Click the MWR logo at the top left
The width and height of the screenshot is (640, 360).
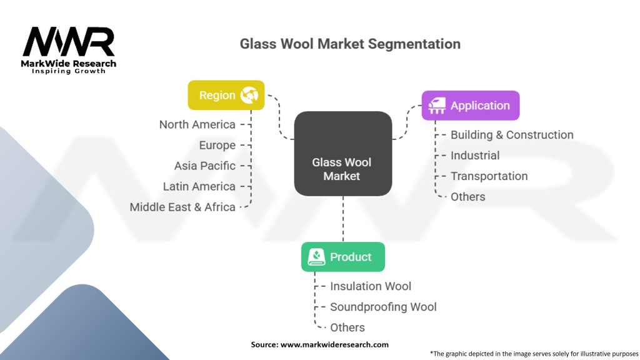click(x=69, y=50)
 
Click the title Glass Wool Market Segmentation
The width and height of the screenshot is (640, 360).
click(x=350, y=44)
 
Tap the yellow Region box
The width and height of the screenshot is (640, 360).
click(x=226, y=95)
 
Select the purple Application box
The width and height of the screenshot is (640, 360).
click(x=471, y=105)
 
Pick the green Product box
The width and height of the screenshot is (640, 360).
click(x=343, y=257)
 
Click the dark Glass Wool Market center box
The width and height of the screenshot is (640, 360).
click(x=343, y=154)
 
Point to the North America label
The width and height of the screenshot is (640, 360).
click(x=197, y=124)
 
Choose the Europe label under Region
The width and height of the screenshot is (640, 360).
click(x=217, y=145)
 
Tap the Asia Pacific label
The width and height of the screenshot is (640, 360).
click(x=205, y=166)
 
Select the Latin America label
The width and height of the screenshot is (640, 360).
click(x=199, y=186)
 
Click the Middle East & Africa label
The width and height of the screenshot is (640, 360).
click(x=182, y=207)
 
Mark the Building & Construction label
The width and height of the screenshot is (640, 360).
click(x=512, y=135)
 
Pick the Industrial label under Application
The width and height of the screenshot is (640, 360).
click(x=475, y=156)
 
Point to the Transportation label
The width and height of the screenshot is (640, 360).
click(x=489, y=176)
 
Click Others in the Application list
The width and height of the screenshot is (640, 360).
click(x=467, y=197)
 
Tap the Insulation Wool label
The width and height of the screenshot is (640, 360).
click(x=371, y=286)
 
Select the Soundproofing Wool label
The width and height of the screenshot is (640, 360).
click(x=383, y=307)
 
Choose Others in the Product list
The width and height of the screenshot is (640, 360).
click(x=347, y=327)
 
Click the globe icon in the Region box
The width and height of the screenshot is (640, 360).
click(x=249, y=95)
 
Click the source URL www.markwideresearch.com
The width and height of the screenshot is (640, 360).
click(x=334, y=344)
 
